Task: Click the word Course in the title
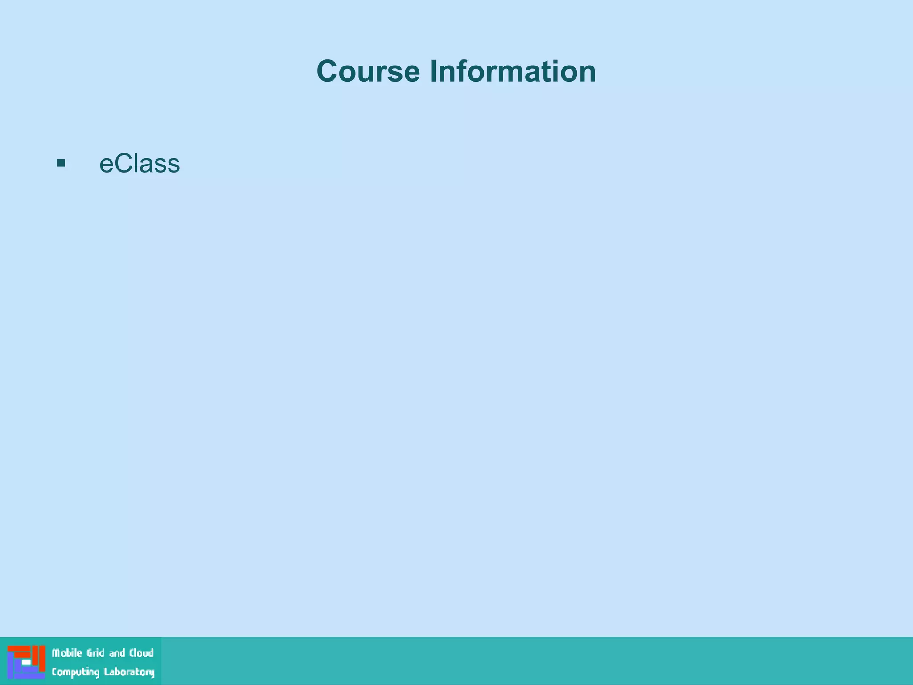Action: tap(368, 71)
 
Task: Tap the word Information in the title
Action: tap(512, 71)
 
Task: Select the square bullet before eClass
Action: tap(61, 163)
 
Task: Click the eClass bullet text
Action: tap(139, 164)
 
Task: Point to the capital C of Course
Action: tap(329, 71)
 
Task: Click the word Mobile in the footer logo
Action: tap(67, 653)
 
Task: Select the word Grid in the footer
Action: tap(95, 653)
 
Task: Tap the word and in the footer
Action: tap(117, 653)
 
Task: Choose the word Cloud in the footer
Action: tap(141, 653)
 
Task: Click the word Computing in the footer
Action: tap(75, 673)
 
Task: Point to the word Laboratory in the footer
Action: tap(129, 672)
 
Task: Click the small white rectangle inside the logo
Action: tap(26, 663)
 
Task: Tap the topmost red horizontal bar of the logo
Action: tap(19, 648)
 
